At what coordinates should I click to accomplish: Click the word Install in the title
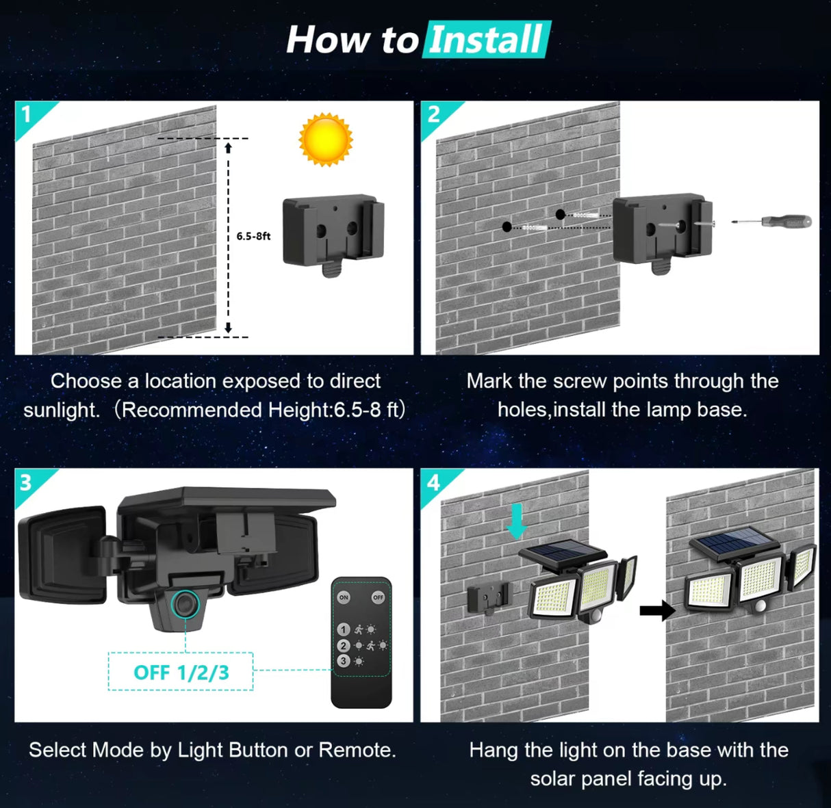tap(487, 40)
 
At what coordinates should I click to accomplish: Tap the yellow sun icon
tap(326, 140)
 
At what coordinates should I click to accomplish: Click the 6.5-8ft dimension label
tap(253, 236)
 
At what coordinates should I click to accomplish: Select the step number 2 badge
tap(433, 114)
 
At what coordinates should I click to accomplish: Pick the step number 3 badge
tap(26, 482)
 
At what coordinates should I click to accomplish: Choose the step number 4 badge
tap(433, 482)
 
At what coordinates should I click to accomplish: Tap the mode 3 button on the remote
tap(344, 661)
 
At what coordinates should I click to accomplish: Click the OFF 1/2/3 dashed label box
tap(181, 672)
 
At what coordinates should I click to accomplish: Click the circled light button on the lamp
tap(185, 603)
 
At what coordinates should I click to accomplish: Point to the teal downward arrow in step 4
tap(517, 521)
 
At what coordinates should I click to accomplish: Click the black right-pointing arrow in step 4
tap(656, 610)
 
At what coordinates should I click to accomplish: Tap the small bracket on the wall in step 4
tap(489, 598)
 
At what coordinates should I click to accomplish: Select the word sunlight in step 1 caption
tap(61, 410)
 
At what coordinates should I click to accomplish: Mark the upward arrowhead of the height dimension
tap(229, 147)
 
